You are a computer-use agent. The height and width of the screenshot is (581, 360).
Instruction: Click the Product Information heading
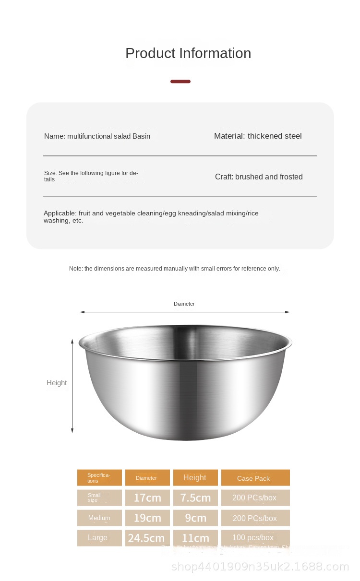tap(188, 53)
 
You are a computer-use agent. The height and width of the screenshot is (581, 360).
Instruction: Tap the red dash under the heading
tap(180, 82)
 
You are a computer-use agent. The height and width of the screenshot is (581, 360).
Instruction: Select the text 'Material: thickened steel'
tap(258, 136)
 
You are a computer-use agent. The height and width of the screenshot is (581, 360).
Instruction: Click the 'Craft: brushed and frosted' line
tap(259, 177)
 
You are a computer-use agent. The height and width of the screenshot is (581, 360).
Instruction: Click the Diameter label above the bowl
tap(184, 304)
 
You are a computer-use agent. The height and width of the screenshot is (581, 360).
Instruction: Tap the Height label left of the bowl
tap(57, 383)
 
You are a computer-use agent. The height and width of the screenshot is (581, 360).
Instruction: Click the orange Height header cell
tap(195, 478)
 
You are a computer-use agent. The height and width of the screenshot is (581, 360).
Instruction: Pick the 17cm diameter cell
tap(147, 498)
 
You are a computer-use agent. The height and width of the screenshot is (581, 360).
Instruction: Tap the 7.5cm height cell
tap(195, 498)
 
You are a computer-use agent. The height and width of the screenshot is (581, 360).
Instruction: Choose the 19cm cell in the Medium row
tap(147, 518)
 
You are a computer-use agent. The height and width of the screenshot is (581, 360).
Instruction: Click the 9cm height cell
tap(195, 518)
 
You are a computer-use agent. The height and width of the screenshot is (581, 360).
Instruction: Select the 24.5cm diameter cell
tap(147, 538)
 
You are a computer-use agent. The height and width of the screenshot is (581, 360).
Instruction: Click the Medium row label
tap(99, 518)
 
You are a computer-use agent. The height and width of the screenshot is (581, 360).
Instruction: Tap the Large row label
tap(98, 538)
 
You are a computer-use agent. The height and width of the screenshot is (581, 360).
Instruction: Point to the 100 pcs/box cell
tap(253, 538)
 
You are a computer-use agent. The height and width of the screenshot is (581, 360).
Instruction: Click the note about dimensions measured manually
tap(175, 269)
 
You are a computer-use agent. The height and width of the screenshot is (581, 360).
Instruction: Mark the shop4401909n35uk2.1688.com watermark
tap(260, 567)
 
